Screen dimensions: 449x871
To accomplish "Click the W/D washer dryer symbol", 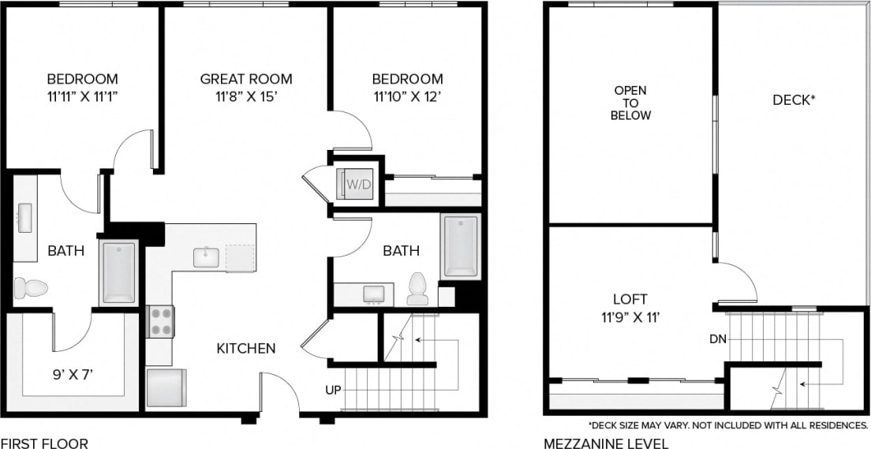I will (355, 184).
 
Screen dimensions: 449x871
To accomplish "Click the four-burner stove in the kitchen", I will (160, 321).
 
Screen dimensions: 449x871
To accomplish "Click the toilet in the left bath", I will (31, 288).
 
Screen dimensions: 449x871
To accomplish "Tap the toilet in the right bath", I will (417, 289).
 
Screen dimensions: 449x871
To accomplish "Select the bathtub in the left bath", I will (119, 272).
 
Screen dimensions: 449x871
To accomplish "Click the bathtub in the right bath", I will (461, 245).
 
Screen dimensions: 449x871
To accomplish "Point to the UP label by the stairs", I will (332, 391).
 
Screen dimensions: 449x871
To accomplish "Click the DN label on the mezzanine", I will (716, 339).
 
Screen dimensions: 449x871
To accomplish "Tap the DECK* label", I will (794, 100).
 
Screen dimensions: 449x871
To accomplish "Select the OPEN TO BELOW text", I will (632, 103).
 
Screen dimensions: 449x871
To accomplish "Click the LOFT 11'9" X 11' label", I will (630, 308).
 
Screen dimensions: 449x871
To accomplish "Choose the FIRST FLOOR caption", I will (44, 443).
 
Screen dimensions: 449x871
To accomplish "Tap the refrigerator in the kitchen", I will (166, 387).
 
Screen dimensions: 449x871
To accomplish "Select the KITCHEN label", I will (246, 348).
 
